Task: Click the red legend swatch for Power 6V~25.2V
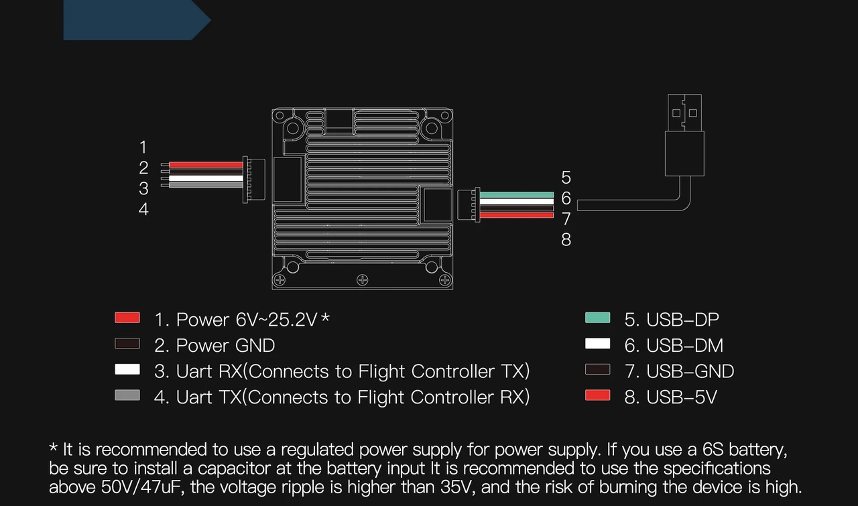(127, 318)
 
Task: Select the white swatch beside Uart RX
(127, 369)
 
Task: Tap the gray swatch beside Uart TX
(127, 395)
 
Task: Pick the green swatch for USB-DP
(597, 318)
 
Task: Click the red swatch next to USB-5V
(597, 395)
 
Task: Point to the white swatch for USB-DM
(597, 344)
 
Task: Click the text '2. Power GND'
(214, 345)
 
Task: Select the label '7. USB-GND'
(679, 371)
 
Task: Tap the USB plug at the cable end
(684, 134)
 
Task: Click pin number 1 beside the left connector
(143, 147)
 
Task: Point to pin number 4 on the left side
(143, 210)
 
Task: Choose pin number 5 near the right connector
(566, 178)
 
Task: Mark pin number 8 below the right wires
(566, 240)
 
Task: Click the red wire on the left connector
(204, 165)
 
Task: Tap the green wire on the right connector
(516, 194)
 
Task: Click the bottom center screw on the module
(362, 279)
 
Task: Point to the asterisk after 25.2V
(325, 318)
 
